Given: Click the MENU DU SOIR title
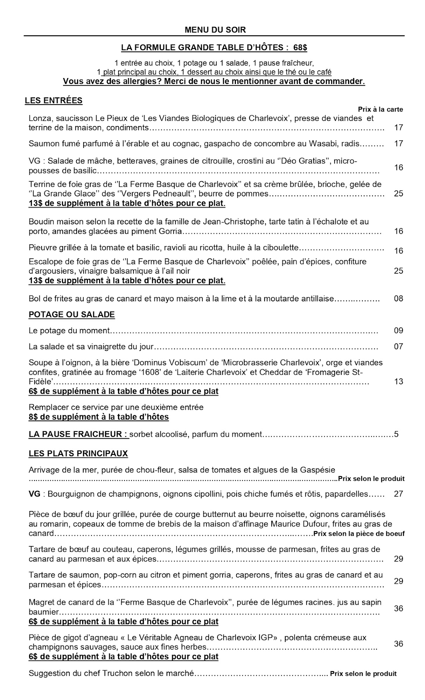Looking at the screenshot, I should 215,30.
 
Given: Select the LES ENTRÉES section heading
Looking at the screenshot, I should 54,101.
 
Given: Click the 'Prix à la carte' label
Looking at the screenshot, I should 380,109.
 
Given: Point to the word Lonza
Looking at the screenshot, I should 39,118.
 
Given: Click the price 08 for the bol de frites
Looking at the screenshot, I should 398,299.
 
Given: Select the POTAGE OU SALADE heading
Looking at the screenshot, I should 71,314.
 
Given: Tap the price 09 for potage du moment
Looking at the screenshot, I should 398,330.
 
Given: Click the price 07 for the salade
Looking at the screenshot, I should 398,346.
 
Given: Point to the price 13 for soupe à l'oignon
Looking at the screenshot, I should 398,381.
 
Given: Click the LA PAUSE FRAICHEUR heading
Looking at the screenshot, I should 78,434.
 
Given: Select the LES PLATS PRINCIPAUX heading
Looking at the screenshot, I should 78,454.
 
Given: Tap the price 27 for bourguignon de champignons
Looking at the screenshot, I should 398,494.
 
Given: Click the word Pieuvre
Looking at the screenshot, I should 41,248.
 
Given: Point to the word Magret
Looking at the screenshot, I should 40,602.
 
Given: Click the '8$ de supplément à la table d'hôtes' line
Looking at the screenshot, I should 98,417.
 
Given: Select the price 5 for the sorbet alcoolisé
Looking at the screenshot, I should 396,434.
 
